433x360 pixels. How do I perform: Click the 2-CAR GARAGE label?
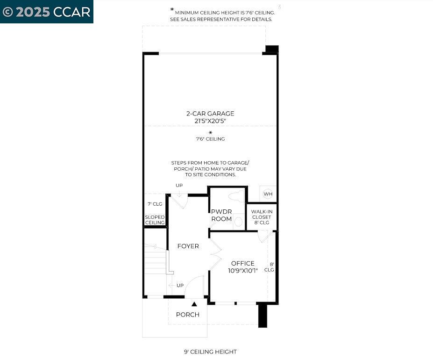point(210,113)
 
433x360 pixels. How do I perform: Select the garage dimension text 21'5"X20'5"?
point(210,121)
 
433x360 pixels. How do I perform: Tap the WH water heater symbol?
point(268,194)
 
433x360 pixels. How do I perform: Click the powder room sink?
point(238,221)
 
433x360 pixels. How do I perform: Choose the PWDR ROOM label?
point(221,215)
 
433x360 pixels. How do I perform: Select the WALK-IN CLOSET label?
point(262,217)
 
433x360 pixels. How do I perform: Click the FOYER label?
point(188,246)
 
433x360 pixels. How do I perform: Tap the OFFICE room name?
point(243,263)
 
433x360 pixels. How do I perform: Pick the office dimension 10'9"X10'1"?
point(243,270)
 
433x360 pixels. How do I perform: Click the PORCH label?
point(188,315)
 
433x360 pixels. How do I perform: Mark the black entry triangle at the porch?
point(194,304)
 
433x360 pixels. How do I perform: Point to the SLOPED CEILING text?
point(155,220)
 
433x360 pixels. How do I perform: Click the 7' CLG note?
point(155,204)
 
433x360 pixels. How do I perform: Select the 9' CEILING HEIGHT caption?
point(210,352)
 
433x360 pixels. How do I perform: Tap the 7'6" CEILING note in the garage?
point(210,139)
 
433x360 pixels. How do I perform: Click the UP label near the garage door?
point(179,186)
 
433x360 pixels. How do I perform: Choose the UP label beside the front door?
point(180,285)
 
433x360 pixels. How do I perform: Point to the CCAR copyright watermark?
point(47,12)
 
